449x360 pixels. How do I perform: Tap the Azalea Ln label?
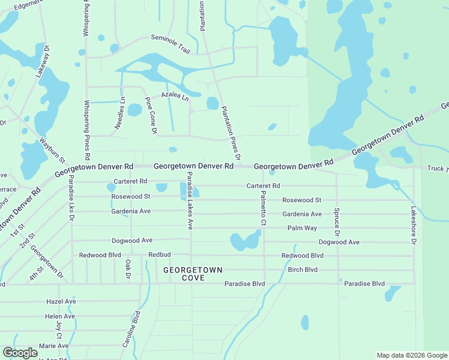coord(175,96)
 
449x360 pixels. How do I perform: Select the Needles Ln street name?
coord(120,113)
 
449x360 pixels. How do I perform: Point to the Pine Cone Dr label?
coord(151,115)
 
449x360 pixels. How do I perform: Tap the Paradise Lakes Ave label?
coord(188,200)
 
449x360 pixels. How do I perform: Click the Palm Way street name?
coord(302,228)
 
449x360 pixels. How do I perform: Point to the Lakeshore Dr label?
coord(413,226)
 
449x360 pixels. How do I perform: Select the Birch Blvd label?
coord(303,269)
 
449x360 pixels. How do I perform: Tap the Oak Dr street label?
coord(128,269)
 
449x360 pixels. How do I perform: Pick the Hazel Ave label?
coord(61,301)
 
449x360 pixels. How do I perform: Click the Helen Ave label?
coord(60,316)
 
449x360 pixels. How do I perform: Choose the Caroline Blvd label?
coord(131,329)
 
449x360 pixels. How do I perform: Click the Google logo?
coord(20,353)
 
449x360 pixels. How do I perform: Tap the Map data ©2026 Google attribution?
coord(412,355)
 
